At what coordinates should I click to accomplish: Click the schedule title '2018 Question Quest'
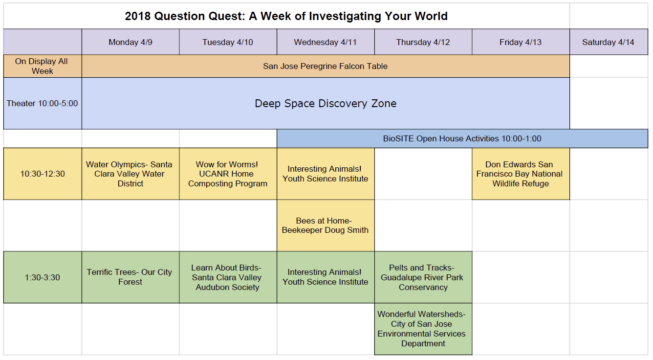point(185,16)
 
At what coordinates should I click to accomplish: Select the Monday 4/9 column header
point(131,42)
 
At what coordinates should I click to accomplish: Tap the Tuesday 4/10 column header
point(228,42)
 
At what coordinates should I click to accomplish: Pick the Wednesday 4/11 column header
point(326,42)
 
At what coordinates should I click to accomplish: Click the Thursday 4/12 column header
point(423,42)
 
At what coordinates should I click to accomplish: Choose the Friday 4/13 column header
point(521,42)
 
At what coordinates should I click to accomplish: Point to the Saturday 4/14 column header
point(609,42)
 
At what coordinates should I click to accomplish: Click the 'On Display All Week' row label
point(43,66)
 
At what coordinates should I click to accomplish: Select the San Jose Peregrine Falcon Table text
point(326,66)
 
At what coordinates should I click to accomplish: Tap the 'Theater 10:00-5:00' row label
point(43,103)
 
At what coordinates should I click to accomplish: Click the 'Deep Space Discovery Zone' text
point(326,104)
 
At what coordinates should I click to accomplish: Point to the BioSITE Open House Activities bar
point(462,138)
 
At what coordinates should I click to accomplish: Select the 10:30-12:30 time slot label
point(43,174)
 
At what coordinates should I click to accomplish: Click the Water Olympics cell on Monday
point(131,174)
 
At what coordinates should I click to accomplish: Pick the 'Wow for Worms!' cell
point(228,174)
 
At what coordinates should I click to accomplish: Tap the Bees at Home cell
point(326,225)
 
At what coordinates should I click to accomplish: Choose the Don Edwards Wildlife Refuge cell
point(521,174)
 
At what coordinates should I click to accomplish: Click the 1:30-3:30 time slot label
point(43,277)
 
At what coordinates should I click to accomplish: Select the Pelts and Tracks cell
point(423,277)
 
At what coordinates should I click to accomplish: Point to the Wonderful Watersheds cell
point(423,329)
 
